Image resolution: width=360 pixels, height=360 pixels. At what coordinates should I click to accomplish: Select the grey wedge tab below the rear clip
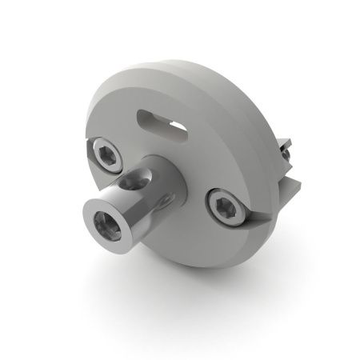pos(290,186)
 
